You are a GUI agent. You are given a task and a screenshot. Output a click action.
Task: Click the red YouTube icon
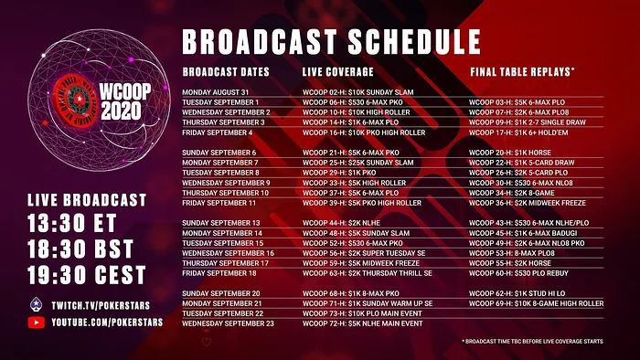pos(36,323)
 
